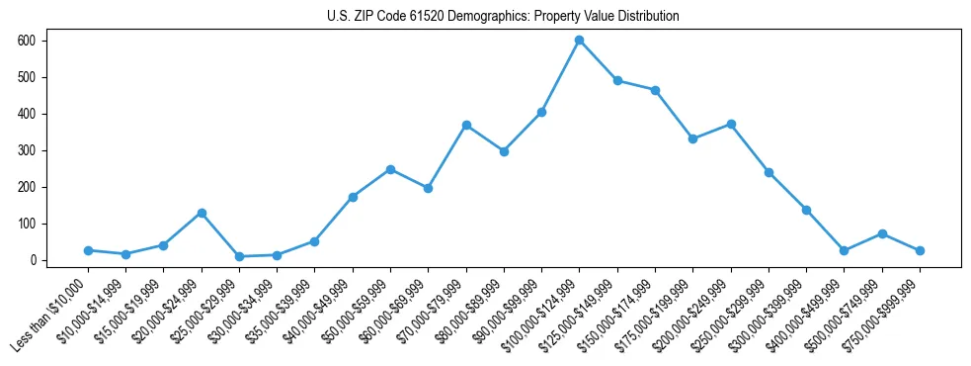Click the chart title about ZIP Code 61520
pos(503,17)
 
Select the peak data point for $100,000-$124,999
pos(579,41)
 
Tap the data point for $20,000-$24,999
pos(202,213)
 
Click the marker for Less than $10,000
pos(88,250)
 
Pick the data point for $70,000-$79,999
pos(466,125)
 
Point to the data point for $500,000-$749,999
pos(882,233)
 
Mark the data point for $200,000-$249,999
pos(731,124)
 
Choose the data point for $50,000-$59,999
pos(390,169)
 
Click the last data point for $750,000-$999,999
pos(920,250)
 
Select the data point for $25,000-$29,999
pos(239,256)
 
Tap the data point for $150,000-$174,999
pos(655,90)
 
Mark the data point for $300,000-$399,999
pos(806,210)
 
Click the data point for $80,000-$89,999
pos(504,151)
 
